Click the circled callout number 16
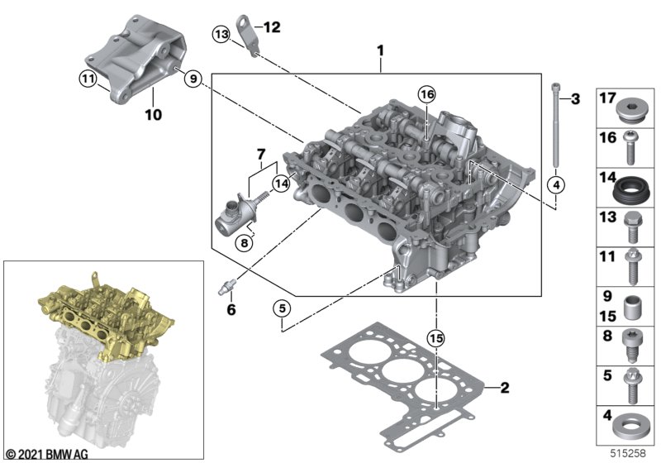(x=427, y=94)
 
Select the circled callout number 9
(x=193, y=79)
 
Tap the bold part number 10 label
(x=153, y=114)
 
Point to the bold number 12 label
(x=272, y=27)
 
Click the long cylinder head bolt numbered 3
(x=555, y=126)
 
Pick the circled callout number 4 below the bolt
(x=556, y=184)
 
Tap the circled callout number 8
(x=245, y=242)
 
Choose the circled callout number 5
(x=282, y=308)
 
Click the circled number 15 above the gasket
(x=436, y=338)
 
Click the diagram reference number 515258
(x=628, y=453)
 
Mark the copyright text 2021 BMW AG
(x=48, y=454)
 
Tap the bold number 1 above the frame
(x=380, y=51)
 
